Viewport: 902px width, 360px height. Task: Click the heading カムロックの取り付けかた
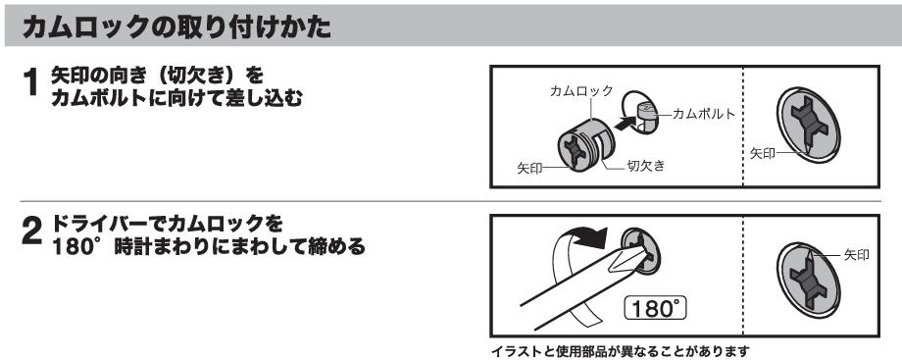click(176, 26)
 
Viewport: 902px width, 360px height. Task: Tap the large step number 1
click(30, 82)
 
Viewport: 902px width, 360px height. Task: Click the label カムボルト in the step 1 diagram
click(704, 114)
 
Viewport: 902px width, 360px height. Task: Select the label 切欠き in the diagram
click(646, 166)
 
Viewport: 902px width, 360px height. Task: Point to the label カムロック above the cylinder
click(581, 90)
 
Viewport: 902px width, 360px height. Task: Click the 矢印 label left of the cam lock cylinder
click(529, 169)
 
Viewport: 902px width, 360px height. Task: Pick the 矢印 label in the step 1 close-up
click(763, 153)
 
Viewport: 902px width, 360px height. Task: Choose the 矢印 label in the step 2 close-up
click(857, 255)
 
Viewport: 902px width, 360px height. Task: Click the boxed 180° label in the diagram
click(655, 309)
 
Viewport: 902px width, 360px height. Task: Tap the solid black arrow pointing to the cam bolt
click(626, 122)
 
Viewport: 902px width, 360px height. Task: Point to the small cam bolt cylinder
click(646, 113)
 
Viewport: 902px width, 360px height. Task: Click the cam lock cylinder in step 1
click(585, 144)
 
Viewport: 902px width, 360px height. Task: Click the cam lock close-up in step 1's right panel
click(808, 125)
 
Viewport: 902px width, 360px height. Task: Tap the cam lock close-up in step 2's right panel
click(808, 280)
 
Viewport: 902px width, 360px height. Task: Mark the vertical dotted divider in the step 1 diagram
click(742, 127)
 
